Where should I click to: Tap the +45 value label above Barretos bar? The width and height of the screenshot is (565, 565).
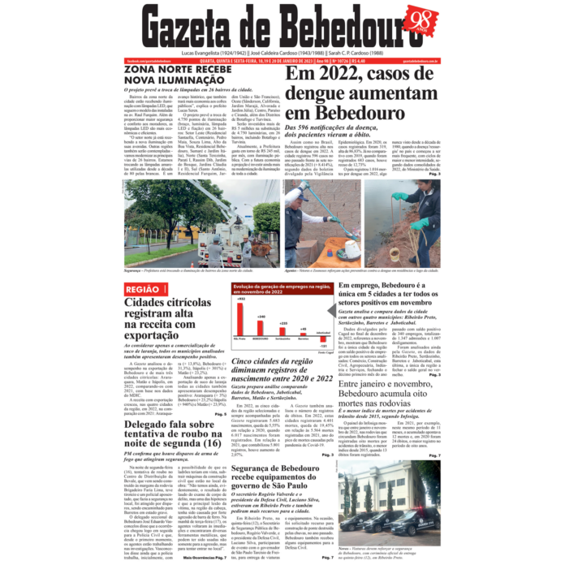(x=303, y=330)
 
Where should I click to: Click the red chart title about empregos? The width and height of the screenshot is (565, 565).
(x=281, y=289)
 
